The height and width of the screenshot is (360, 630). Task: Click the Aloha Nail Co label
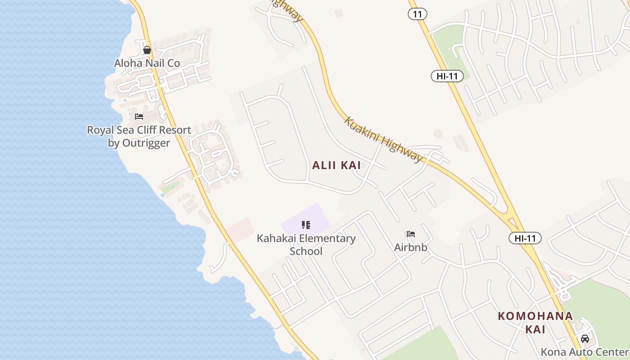pos(147,63)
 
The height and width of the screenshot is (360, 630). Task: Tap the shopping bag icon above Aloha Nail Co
pos(147,50)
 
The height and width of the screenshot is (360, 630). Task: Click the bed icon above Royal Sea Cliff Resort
pos(139,117)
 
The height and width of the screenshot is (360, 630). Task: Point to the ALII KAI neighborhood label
pos(337,165)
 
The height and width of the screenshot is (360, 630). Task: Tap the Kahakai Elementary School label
pos(306,244)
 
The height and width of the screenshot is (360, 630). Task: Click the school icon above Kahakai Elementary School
pos(306,225)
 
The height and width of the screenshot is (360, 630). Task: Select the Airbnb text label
pos(410,247)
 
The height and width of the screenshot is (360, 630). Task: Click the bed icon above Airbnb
pos(410,234)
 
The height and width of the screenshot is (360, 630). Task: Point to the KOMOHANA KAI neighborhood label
pos(535,322)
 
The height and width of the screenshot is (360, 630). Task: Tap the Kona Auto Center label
pos(585,352)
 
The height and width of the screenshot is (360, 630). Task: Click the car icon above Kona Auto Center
pos(585,338)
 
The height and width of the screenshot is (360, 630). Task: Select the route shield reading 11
pos(418,14)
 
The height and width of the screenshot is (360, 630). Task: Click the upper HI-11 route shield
pos(447,76)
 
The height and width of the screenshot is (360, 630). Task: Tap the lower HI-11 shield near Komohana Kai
pos(525,238)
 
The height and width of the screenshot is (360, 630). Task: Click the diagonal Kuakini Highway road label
pos(384,139)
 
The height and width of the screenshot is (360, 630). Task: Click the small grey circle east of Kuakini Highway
pos(438,134)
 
